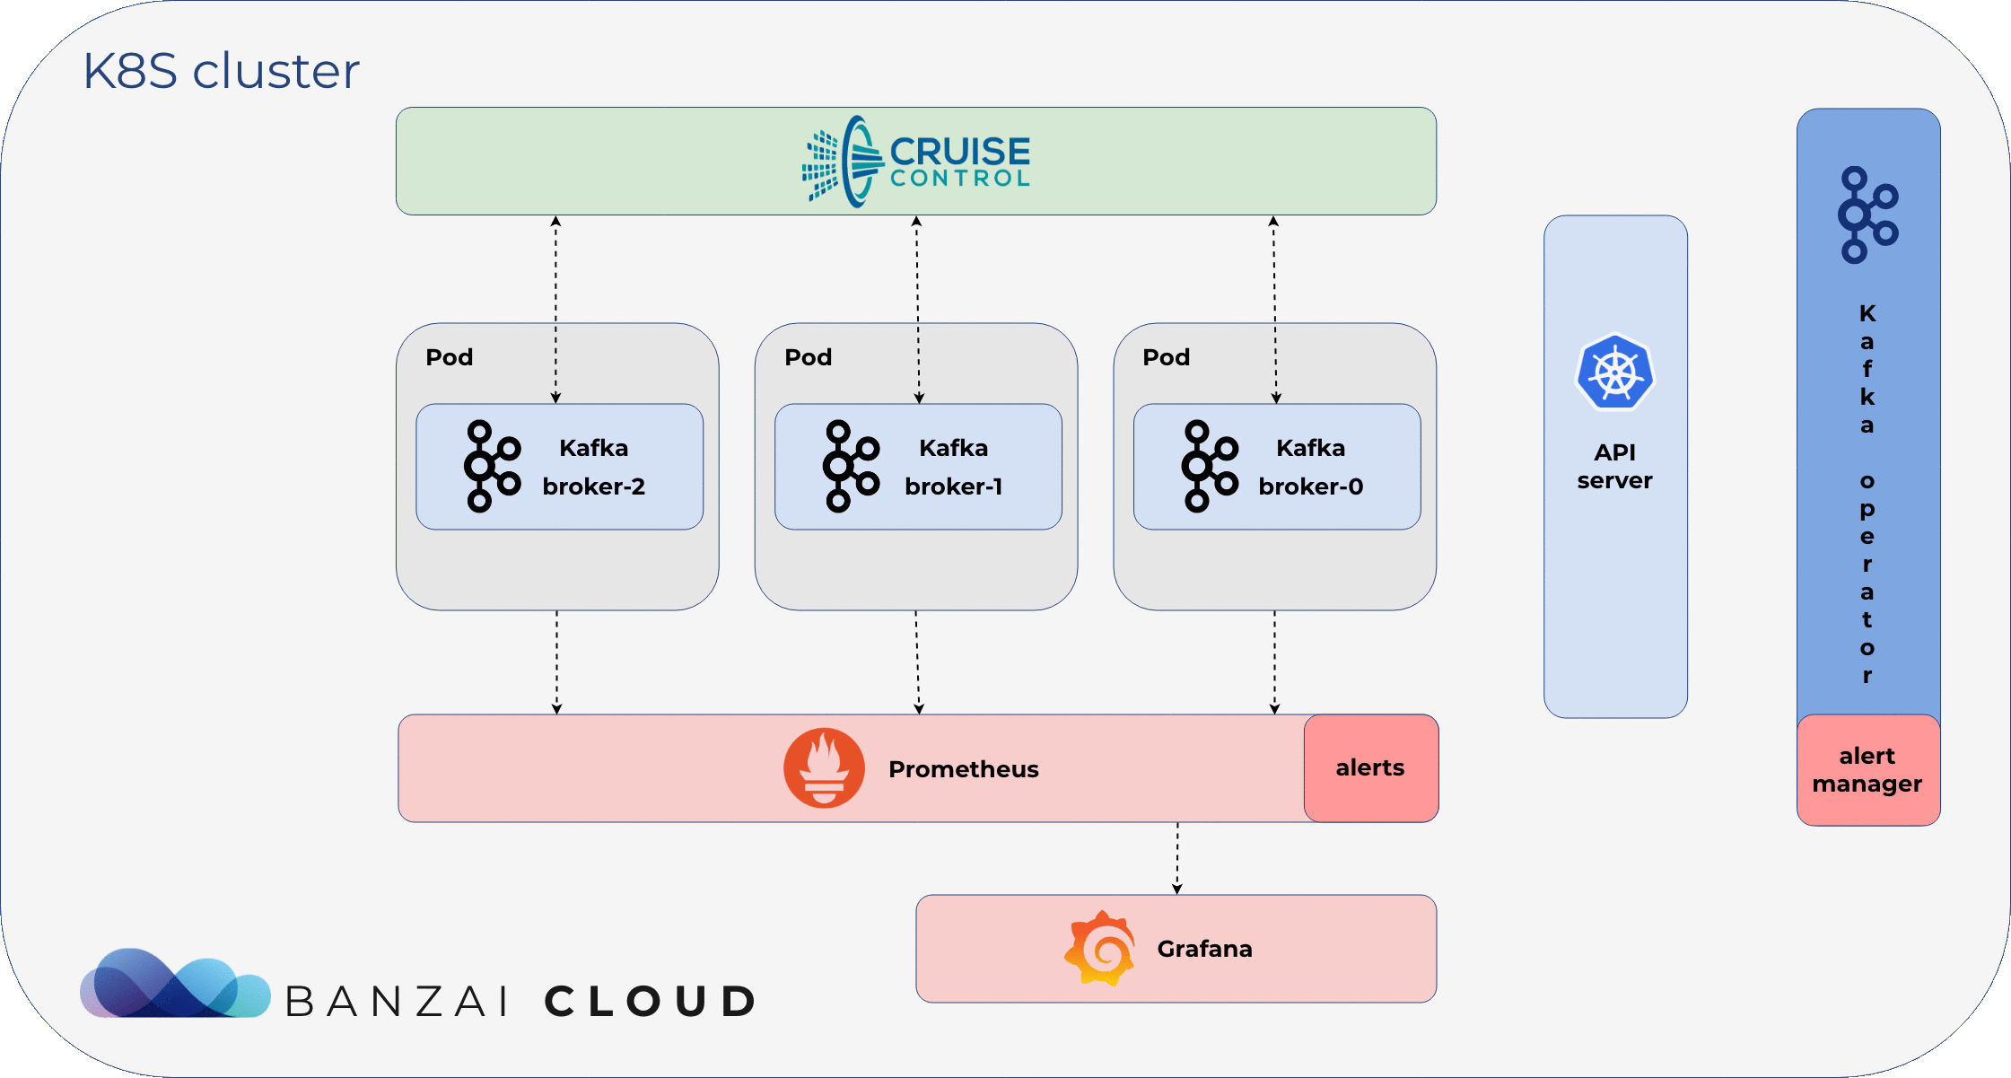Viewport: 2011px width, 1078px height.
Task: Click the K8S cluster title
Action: click(x=222, y=71)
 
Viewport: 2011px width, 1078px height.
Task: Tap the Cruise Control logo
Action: click(x=916, y=162)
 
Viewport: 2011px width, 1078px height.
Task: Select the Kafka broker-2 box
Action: click(x=559, y=467)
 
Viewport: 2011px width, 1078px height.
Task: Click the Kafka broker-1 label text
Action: click(x=953, y=467)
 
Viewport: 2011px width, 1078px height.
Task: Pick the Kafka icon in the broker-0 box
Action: click(x=1210, y=467)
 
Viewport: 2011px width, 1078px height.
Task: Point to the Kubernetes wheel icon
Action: click(x=1615, y=372)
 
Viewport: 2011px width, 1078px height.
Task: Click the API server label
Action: click(x=1615, y=467)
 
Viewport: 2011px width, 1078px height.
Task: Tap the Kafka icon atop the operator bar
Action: click(x=1868, y=215)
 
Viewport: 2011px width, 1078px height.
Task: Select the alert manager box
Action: click(x=1868, y=770)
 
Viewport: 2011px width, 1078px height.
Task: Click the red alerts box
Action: click(x=1371, y=768)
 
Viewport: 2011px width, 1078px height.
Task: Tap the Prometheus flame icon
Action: click(x=824, y=768)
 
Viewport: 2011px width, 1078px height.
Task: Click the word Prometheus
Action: click(x=964, y=769)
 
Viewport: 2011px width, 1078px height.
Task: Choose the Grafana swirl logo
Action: click(x=1100, y=949)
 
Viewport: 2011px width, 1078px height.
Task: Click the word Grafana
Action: click(x=1204, y=949)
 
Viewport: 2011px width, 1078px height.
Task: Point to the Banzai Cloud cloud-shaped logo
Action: click(x=175, y=983)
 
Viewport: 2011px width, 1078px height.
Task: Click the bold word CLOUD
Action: click(x=651, y=1002)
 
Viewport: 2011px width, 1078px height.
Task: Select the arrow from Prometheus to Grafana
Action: click(x=1177, y=858)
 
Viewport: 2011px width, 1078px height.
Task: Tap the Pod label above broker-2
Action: click(x=449, y=357)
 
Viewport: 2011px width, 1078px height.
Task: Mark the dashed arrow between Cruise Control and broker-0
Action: click(x=1274, y=310)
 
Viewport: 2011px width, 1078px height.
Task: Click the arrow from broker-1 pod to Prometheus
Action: click(x=917, y=662)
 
